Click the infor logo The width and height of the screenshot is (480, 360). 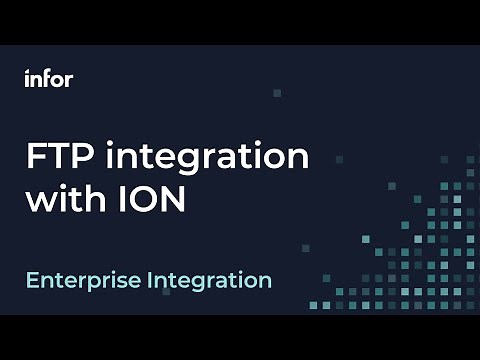[x=48, y=79]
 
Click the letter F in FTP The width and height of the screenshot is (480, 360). [x=35, y=157]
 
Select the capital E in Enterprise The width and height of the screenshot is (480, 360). [x=32, y=279]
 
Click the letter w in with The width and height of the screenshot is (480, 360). [x=40, y=200]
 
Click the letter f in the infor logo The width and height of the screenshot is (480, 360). [x=46, y=78]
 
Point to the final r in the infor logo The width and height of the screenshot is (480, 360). [x=69, y=80]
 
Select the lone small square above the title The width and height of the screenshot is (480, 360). [x=277, y=93]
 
